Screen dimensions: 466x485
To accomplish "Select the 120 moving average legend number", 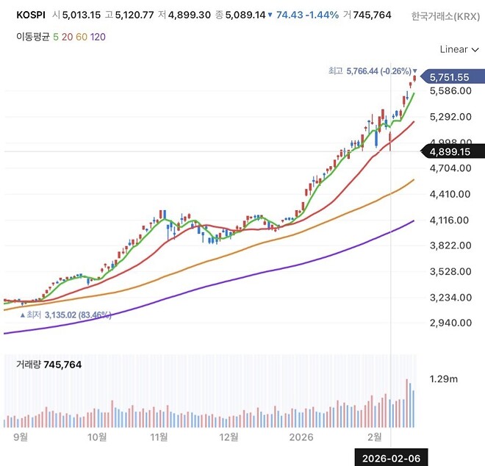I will click(x=98, y=36).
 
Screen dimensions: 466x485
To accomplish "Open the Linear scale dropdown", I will click(x=457, y=49).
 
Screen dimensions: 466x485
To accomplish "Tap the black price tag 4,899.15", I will click(x=450, y=152).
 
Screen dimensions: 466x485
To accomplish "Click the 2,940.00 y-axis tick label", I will click(x=450, y=323).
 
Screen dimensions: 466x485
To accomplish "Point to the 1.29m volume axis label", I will click(x=444, y=379).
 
